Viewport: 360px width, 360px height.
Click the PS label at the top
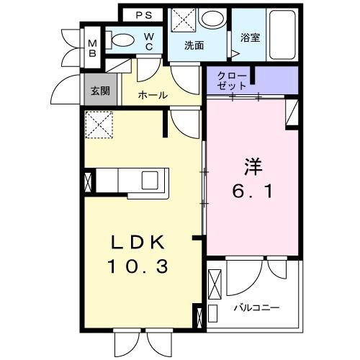143,14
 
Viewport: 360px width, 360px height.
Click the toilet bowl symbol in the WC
125,40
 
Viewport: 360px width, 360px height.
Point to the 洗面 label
194,45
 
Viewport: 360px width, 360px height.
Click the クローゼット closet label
232,81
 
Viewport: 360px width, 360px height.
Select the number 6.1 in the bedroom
252,193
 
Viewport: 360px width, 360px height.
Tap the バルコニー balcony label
256,307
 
